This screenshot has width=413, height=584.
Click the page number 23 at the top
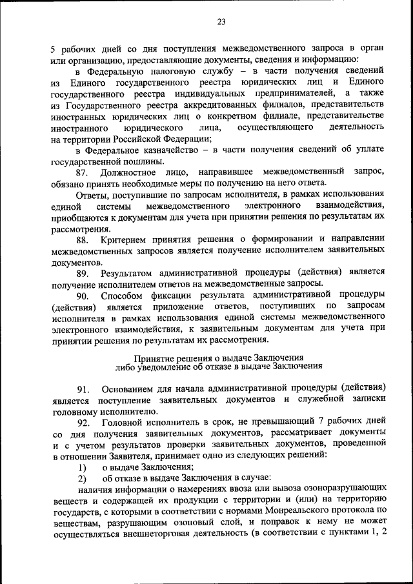pyautogui.click(x=221, y=22)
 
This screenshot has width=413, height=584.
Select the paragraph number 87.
pyautogui.click(x=82, y=172)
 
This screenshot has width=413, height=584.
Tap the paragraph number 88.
pyautogui.click(x=82, y=239)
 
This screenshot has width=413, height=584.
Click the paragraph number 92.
pyautogui.click(x=82, y=421)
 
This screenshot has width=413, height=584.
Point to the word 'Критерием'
pyautogui.click(x=126, y=239)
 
